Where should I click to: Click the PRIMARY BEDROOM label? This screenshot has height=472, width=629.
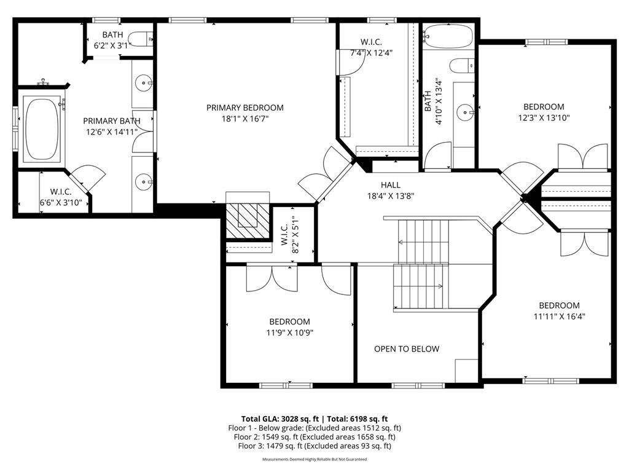coord(244,108)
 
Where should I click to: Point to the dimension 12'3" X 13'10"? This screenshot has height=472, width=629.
coord(543,118)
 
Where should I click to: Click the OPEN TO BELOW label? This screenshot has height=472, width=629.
coord(407,349)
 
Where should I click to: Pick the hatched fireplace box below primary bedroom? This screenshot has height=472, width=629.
coord(248,219)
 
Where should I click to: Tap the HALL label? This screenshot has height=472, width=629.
coord(390,184)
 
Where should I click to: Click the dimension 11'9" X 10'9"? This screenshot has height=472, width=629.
coord(289,332)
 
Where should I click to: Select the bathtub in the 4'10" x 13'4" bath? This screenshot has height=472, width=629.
coord(447,36)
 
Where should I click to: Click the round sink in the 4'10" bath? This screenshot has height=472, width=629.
coord(464,112)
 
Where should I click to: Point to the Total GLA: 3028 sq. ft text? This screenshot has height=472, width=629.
coord(279,418)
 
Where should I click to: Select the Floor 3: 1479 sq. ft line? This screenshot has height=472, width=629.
coord(314,446)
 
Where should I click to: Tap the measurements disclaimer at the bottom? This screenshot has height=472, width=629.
coord(314,459)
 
